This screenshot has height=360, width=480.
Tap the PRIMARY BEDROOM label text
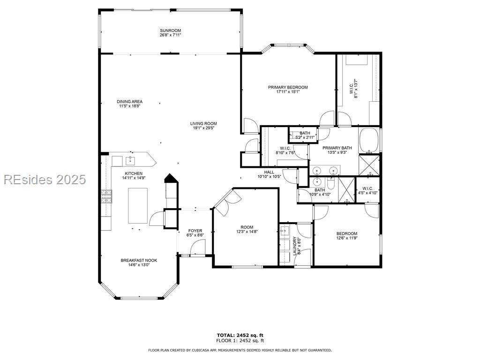point(288,87)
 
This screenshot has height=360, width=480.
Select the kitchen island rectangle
point(138,206)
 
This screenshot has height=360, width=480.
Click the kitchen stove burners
point(106,196)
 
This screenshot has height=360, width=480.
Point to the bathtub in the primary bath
point(369,141)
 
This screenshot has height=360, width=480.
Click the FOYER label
point(195,231)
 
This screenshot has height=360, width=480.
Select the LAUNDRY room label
point(294,246)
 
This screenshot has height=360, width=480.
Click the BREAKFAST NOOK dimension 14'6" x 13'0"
point(139,265)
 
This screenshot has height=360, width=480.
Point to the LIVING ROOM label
point(203,124)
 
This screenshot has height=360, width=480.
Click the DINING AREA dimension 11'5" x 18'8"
point(129,106)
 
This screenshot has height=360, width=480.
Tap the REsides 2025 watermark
point(45,180)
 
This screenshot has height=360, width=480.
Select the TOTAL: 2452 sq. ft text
point(240,335)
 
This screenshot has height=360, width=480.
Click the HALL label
point(269,172)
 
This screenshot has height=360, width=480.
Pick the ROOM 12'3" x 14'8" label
point(247,229)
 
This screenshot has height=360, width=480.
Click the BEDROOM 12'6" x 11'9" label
point(347,235)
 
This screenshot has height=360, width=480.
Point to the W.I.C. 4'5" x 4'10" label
point(367,190)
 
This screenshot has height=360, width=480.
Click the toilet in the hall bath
point(330,183)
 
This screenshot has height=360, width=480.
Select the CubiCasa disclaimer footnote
point(240,350)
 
